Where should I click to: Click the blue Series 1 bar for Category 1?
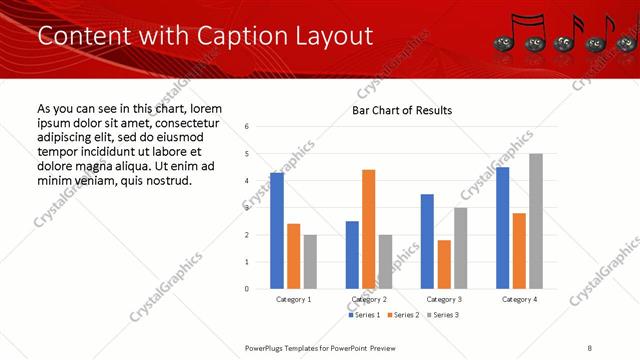pyautogui.click(x=277, y=231)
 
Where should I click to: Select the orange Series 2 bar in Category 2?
pyautogui.click(x=369, y=229)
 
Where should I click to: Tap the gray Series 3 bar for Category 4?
pyautogui.click(x=536, y=221)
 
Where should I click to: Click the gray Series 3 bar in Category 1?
pyautogui.click(x=310, y=262)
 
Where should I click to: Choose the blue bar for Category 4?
pyautogui.click(x=502, y=228)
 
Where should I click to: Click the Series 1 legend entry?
pyautogui.click(x=366, y=315)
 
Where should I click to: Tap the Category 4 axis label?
pyautogui.click(x=519, y=299)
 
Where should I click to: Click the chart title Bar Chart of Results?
pyautogui.click(x=402, y=110)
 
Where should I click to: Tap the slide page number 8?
pyautogui.click(x=590, y=347)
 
